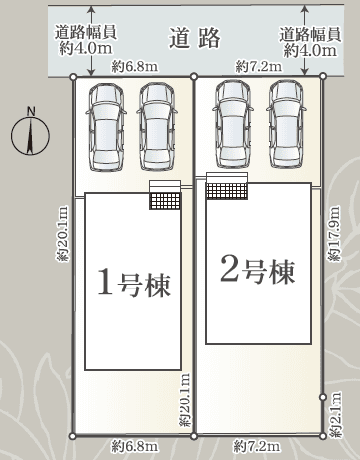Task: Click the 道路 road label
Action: (x=194, y=38)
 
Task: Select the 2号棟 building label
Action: (x=257, y=271)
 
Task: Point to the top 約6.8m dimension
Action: (x=135, y=67)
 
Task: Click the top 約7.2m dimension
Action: (x=259, y=67)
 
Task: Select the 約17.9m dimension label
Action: (x=334, y=234)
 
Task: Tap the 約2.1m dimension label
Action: (x=335, y=415)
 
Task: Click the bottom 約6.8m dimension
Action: (x=135, y=447)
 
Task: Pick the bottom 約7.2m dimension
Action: (x=257, y=447)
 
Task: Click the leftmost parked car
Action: (x=106, y=127)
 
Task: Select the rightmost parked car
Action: (x=287, y=124)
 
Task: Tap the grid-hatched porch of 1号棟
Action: (x=166, y=201)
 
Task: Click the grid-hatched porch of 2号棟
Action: (x=227, y=191)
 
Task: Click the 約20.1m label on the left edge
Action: (x=63, y=234)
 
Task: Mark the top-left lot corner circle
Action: (x=74, y=77)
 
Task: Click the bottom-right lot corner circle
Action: (x=323, y=436)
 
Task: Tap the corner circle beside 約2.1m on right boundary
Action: (x=323, y=397)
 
